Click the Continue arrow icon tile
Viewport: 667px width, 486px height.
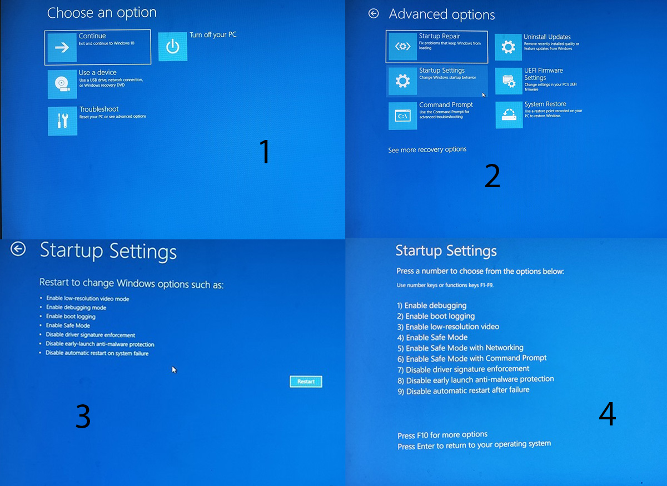[62, 47]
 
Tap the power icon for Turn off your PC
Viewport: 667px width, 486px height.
[173, 47]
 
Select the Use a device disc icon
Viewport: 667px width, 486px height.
[62, 84]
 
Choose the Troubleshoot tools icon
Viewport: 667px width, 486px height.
[62, 121]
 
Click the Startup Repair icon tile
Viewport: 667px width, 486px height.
[402, 47]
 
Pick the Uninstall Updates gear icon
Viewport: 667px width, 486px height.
[508, 47]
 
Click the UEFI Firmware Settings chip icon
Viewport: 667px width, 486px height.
[509, 81]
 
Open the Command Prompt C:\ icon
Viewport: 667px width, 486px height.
[402, 116]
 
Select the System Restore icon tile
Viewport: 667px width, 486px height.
[509, 115]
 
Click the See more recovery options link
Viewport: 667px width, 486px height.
[427, 149]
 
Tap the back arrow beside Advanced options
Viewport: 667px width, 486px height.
[374, 13]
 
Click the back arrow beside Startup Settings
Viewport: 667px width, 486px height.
[18, 249]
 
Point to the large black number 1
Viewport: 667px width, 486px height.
[265, 151]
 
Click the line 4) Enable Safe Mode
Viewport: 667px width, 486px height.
[432, 338]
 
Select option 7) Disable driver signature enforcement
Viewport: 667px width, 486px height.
[464, 369]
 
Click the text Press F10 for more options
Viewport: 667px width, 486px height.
[442, 435]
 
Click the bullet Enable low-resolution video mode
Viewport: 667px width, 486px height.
[88, 298]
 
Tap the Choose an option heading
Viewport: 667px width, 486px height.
[102, 13]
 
